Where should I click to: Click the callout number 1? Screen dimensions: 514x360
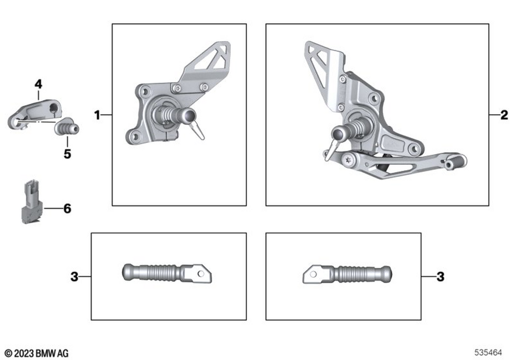click(97, 115)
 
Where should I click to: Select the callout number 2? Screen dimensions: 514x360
click(504, 115)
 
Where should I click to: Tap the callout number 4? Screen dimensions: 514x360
click(39, 84)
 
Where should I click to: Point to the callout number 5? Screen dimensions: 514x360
click(67, 154)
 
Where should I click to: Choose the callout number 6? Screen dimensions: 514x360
click(67, 208)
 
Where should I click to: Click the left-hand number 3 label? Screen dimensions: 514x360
click(75, 277)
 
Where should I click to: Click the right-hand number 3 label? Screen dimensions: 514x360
click(440, 277)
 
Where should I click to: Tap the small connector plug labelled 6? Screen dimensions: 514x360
click(32, 202)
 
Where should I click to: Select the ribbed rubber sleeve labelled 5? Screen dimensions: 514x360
click(67, 127)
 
